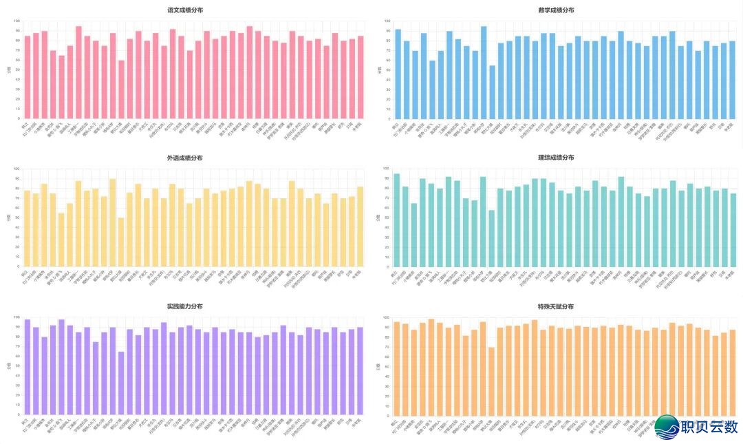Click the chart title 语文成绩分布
pos(185,10)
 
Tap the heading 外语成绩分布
pos(185,158)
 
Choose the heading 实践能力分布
pos(185,306)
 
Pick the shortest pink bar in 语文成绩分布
pos(122,89)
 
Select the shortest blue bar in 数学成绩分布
pos(492,92)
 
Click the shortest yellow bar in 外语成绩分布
pos(122,242)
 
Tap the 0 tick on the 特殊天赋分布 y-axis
pos(390,415)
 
